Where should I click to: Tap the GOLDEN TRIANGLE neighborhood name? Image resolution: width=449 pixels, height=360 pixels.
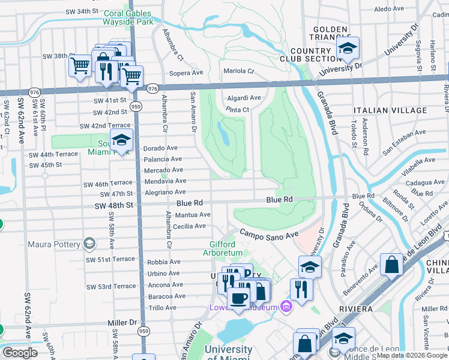330,34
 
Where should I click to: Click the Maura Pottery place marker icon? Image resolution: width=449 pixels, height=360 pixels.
89,244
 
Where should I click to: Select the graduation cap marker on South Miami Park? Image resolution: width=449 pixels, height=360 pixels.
122,141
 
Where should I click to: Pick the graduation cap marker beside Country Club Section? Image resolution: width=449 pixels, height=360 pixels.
347,50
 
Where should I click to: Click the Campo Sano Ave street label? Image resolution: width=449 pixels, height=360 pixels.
269,234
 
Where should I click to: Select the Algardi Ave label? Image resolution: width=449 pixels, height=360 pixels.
244,98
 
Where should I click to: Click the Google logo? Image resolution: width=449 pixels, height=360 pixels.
20,353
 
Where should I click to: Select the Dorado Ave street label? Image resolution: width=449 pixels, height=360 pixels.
160,148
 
